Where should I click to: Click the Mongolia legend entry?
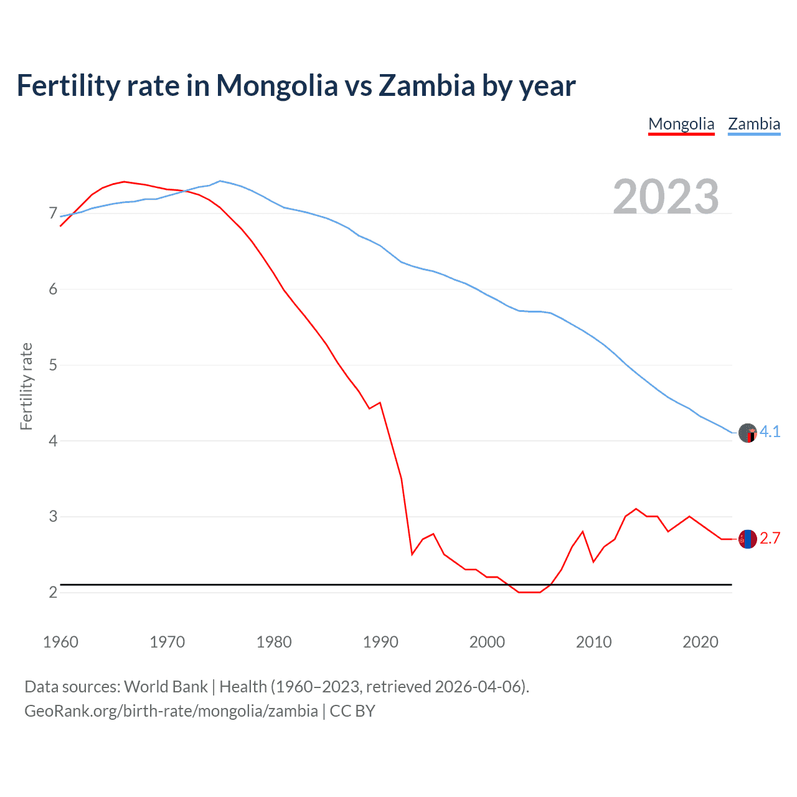click(681, 124)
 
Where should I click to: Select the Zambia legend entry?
click(754, 124)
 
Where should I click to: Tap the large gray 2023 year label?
click(666, 196)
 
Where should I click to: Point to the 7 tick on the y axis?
click(53, 214)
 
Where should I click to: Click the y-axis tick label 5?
click(53, 365)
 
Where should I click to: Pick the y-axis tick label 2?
click(53, 592)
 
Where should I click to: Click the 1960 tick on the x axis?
click(60, 642)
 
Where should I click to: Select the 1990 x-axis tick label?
click(380, 642)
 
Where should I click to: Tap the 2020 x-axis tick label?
click(700, 642)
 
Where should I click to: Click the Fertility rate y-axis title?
click(26, 386)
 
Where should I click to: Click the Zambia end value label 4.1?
click(770, 432)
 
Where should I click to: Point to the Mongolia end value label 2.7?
click(770, 539)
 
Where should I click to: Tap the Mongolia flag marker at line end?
click(747, 539)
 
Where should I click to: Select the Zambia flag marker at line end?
click(747, 433)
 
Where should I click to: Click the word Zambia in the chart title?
click(427, 85)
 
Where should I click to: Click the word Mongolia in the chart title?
click(276, 85)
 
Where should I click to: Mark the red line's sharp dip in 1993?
click(412, 554)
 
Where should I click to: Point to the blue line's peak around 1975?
click(220, 181)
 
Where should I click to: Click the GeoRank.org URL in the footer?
click(171, 710)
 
